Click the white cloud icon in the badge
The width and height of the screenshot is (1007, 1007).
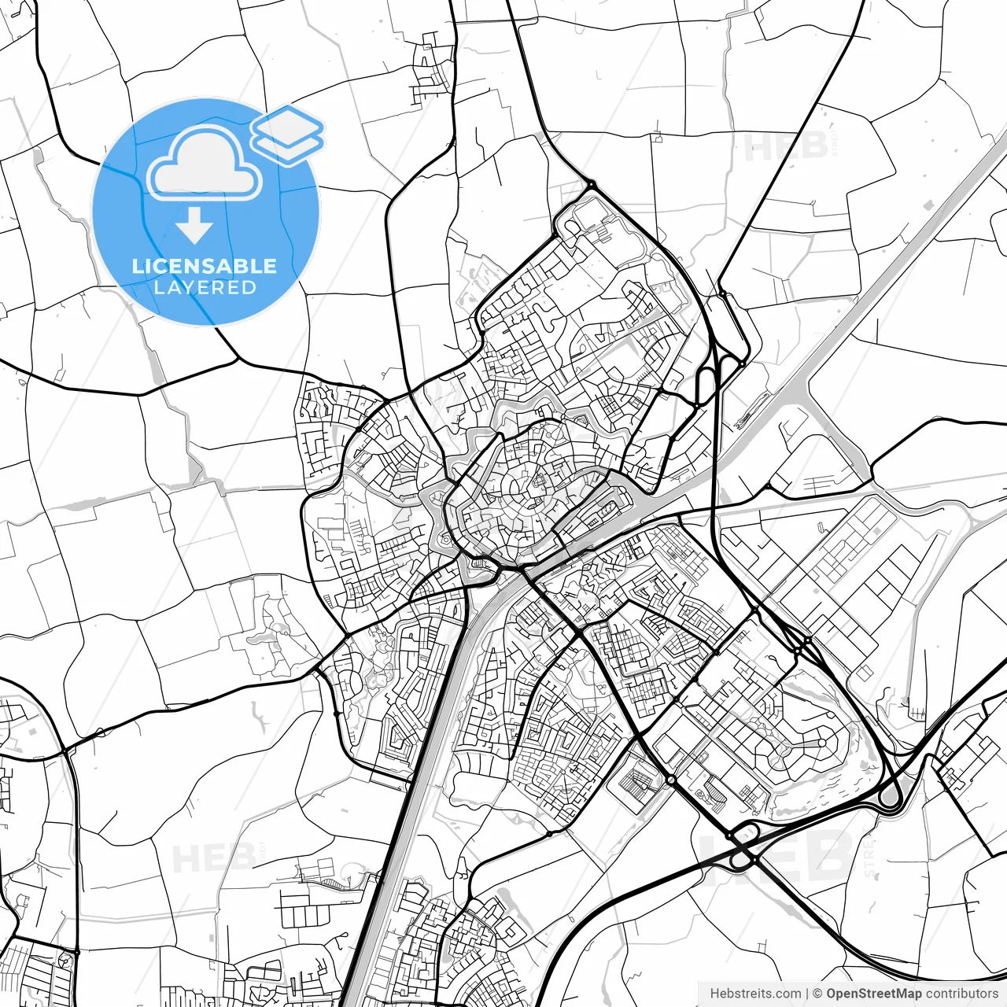(205, 164)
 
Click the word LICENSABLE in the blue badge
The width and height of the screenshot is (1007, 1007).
(205, 266)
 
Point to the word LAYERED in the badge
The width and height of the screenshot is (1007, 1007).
(205, 288)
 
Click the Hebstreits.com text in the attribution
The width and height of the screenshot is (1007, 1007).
(755, 994)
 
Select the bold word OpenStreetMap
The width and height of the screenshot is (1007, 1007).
(874, 994)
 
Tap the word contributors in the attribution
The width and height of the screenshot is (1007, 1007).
(961, 994)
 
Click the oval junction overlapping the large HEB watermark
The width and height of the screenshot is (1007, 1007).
(742, 848)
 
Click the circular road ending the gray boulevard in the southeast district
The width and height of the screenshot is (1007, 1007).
(821, 742)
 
